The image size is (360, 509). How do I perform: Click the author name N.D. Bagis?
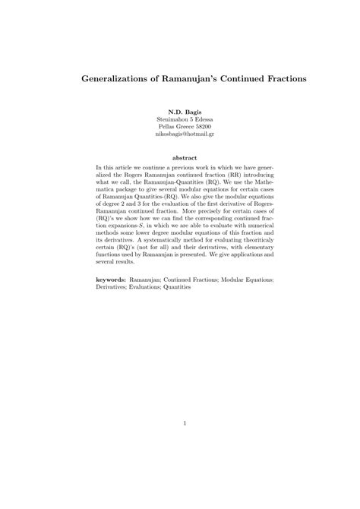(179, 112)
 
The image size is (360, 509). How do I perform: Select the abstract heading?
(180, 159)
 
